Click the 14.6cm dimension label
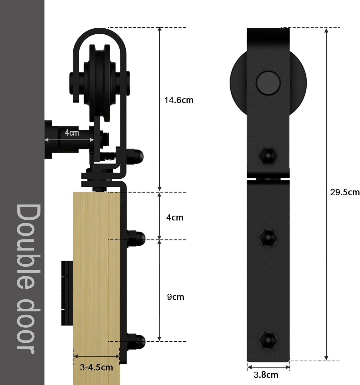pos(179,100)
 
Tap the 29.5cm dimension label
pos(345,192)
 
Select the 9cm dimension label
pos(176,297)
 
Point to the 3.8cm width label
pos(266,375)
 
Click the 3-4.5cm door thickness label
pos(96,367)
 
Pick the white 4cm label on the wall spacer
pos(72,133)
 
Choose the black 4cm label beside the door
pos(175,217)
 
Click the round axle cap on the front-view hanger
pos(268,83)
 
